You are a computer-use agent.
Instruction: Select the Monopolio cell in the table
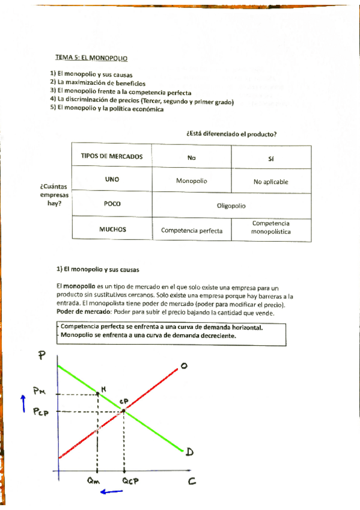coord(191,180)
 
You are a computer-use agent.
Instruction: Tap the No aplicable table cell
coord(270,182)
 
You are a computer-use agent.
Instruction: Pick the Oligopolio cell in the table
coord(231,205)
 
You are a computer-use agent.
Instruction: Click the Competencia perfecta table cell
coord(191,230)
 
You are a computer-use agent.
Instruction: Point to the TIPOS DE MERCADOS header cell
coord(112,156)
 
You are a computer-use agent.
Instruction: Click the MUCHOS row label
coord(112,229)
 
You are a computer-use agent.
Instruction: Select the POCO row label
coord(112,204)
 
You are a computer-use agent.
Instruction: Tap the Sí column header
coord(270,158)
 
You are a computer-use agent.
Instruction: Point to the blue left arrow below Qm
coord(112,492)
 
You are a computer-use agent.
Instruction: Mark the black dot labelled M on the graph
coord(98,393)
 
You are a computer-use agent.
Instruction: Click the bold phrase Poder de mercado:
coord(78,313)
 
